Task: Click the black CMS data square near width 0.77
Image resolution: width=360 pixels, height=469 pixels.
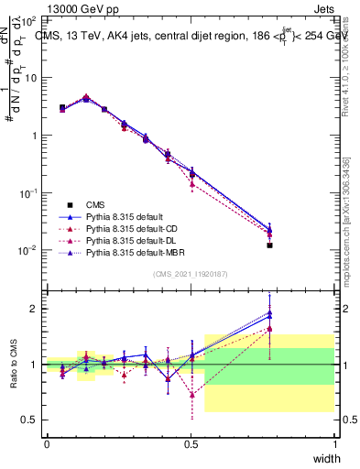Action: tap(269, 245)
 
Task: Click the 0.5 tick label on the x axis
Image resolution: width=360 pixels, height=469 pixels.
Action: tap(191, 444)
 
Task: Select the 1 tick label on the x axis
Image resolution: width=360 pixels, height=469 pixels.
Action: tap(334, 444)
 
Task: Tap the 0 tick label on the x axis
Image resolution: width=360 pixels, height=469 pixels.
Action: tap(47, 444)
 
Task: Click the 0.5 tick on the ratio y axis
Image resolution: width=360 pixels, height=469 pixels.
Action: tap(32, 420)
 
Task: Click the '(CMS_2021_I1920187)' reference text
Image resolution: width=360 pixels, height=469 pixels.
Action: tap(191, 274)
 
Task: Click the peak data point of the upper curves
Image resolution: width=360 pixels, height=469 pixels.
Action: tap(86, 97)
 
